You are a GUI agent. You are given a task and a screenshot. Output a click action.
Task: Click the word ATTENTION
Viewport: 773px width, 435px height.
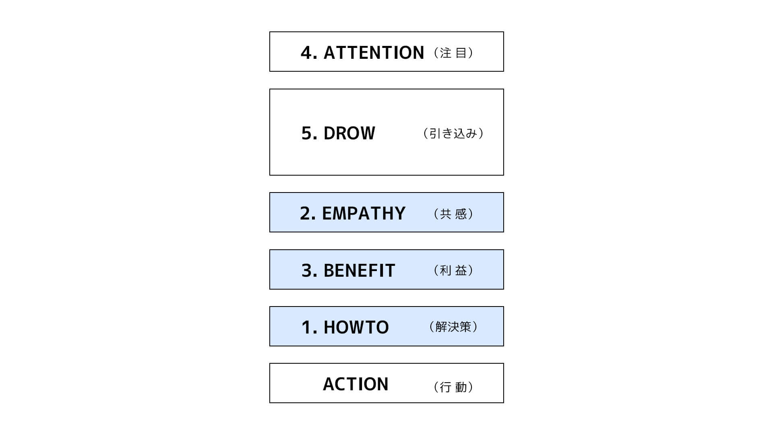coord(374,53)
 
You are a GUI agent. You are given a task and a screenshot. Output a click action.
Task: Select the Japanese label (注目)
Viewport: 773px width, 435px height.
coord(454,53)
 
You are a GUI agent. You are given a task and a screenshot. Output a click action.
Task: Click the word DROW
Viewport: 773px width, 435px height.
coord(349,133)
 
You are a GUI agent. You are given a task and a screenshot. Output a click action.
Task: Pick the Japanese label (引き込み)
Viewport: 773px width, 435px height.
coord(453,133)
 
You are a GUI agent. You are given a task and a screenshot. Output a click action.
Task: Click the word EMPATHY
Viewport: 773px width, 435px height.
coord(364,213)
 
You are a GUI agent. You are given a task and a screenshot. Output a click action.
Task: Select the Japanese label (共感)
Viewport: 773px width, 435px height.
coord(454,213)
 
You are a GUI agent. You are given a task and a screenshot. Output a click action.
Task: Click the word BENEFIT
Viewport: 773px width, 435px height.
coord(359,271)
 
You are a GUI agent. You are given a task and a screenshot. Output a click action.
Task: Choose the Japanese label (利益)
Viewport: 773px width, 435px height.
coord(454,270)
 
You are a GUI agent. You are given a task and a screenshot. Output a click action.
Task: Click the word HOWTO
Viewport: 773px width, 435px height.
coord(356,327)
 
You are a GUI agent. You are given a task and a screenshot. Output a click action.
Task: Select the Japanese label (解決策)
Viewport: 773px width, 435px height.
coord(453,327)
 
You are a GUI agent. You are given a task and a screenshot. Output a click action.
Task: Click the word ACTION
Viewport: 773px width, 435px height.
coord(355,384)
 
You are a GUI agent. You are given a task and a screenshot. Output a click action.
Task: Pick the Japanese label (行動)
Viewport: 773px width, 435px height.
coord(454,387)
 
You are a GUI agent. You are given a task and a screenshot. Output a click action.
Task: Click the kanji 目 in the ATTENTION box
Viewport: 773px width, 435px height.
coord(461,53)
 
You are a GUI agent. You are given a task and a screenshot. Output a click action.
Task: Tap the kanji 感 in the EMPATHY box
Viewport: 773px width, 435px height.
coord(461,213)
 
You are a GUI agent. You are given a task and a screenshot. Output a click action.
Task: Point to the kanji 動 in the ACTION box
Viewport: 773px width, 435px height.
coord(461,387)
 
